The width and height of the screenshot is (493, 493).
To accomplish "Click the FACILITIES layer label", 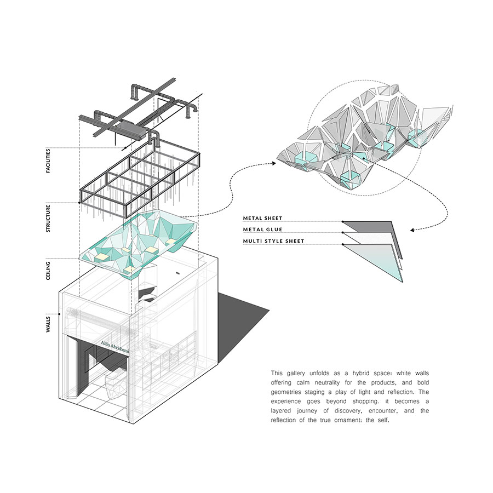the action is [x=48, y=160].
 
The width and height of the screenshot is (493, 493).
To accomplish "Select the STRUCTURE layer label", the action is [x=48, y=219].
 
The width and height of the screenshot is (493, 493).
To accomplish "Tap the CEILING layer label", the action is [x=48, y=271].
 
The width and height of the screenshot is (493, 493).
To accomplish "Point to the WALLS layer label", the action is [x=48, y=324].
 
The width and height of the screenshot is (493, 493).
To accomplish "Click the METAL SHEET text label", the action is [x=262, y=218].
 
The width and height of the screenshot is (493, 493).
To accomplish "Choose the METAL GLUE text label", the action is [x=262, y=230].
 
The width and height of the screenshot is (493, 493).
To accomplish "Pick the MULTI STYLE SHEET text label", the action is [x=273, y=241].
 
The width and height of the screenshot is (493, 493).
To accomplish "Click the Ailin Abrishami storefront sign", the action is [x=115, y=348].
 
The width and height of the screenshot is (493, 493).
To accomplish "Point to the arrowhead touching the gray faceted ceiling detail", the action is [x=274, y=163].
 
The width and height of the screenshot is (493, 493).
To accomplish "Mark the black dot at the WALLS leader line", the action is [x=59, y=314].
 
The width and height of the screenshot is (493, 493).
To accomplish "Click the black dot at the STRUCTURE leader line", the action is [x=79, y=203].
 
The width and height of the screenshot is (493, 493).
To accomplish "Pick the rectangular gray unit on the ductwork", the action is [x=130, y=129].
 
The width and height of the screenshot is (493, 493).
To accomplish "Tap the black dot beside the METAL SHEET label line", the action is [x=343, y=221].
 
